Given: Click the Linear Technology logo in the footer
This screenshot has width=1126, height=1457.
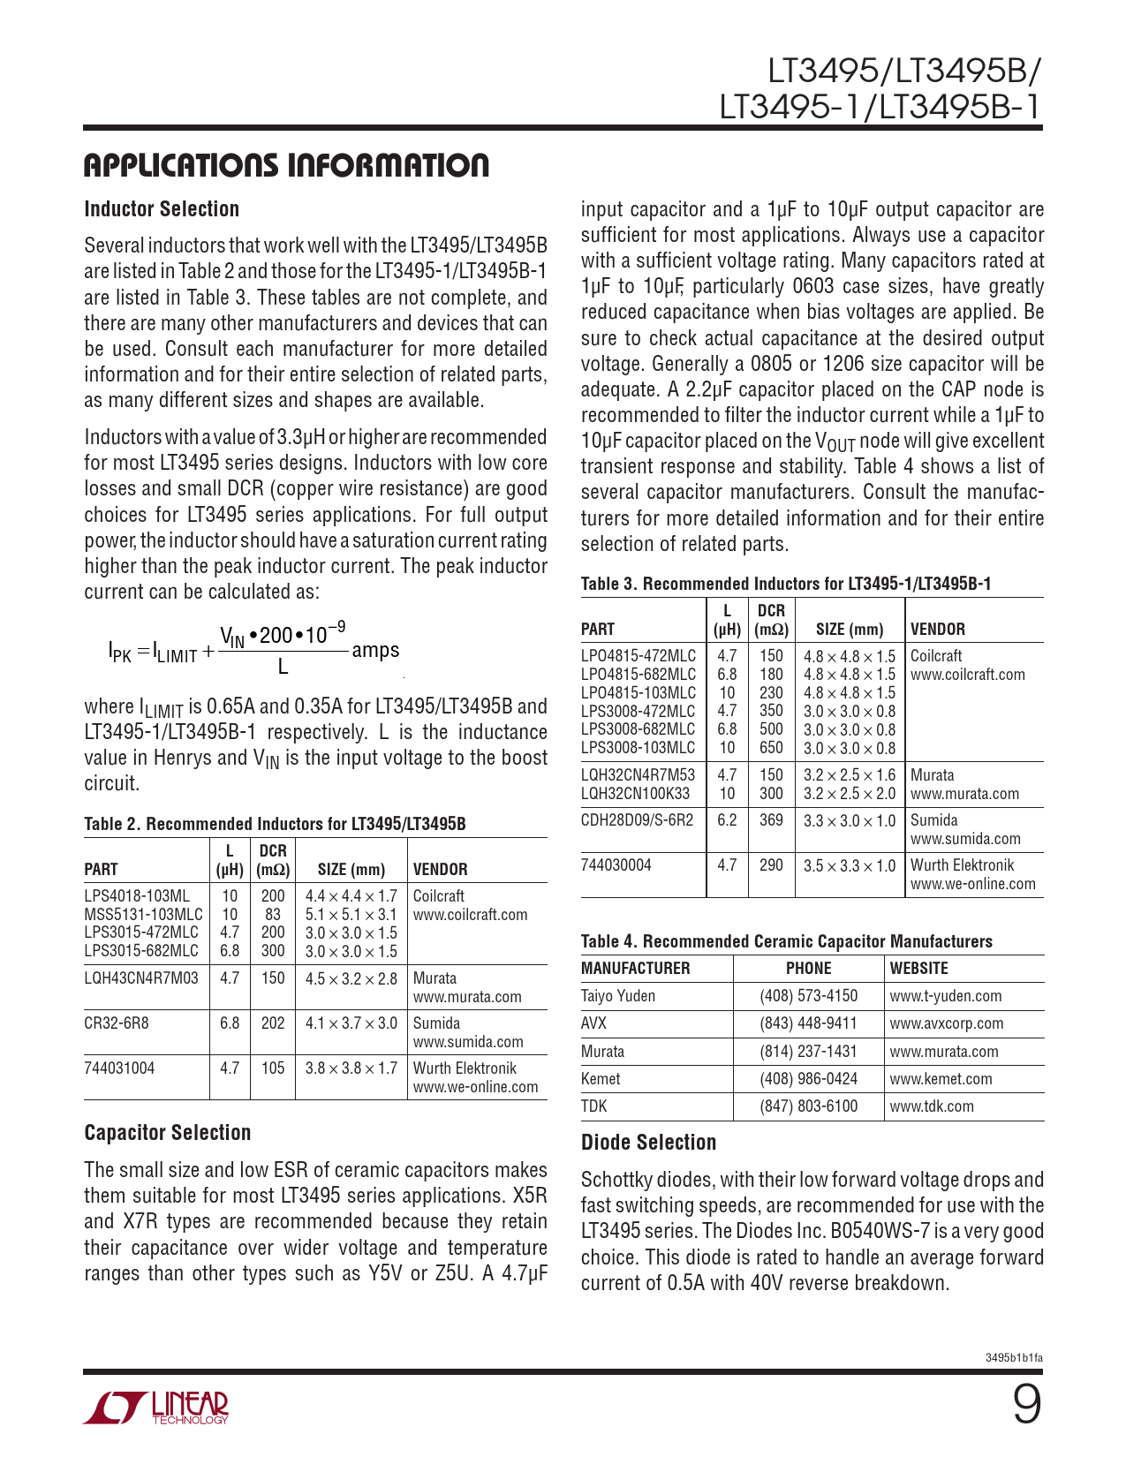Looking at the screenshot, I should tap(156, 1408).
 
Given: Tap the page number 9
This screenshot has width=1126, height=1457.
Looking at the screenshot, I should tap(1026, 1405).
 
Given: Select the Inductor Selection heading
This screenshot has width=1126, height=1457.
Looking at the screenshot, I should tap(162, 209).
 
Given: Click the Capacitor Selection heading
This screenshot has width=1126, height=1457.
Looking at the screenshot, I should tap(168, 1133).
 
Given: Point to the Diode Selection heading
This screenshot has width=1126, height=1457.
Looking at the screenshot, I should tap(648, 1143).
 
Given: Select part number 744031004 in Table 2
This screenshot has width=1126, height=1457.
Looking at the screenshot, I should tap(119, 1068).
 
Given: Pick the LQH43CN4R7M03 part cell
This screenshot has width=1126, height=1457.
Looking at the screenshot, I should tap(141, 978).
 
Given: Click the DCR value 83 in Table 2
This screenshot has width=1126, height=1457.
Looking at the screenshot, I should tap(273, 915).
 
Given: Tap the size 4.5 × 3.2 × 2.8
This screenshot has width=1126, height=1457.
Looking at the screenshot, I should tap(351, 978).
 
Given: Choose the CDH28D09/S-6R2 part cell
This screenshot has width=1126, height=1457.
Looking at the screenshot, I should tap(637, 820).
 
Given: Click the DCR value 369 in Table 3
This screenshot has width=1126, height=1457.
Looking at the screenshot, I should tap(771, 820).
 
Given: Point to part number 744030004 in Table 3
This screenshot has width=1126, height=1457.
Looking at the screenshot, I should tap(616, 865).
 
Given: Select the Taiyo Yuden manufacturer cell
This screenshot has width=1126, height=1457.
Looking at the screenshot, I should tap(618, 996).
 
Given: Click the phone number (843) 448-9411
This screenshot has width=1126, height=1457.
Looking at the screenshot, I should tap(808, 1023).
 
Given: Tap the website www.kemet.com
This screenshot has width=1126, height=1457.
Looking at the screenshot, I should tap(941, 1079).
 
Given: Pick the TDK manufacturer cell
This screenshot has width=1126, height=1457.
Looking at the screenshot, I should tap(593, 1106).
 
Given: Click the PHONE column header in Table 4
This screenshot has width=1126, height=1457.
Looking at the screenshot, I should tap(808, 969).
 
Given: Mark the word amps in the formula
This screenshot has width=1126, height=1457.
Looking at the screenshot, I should tap(375, 651).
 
